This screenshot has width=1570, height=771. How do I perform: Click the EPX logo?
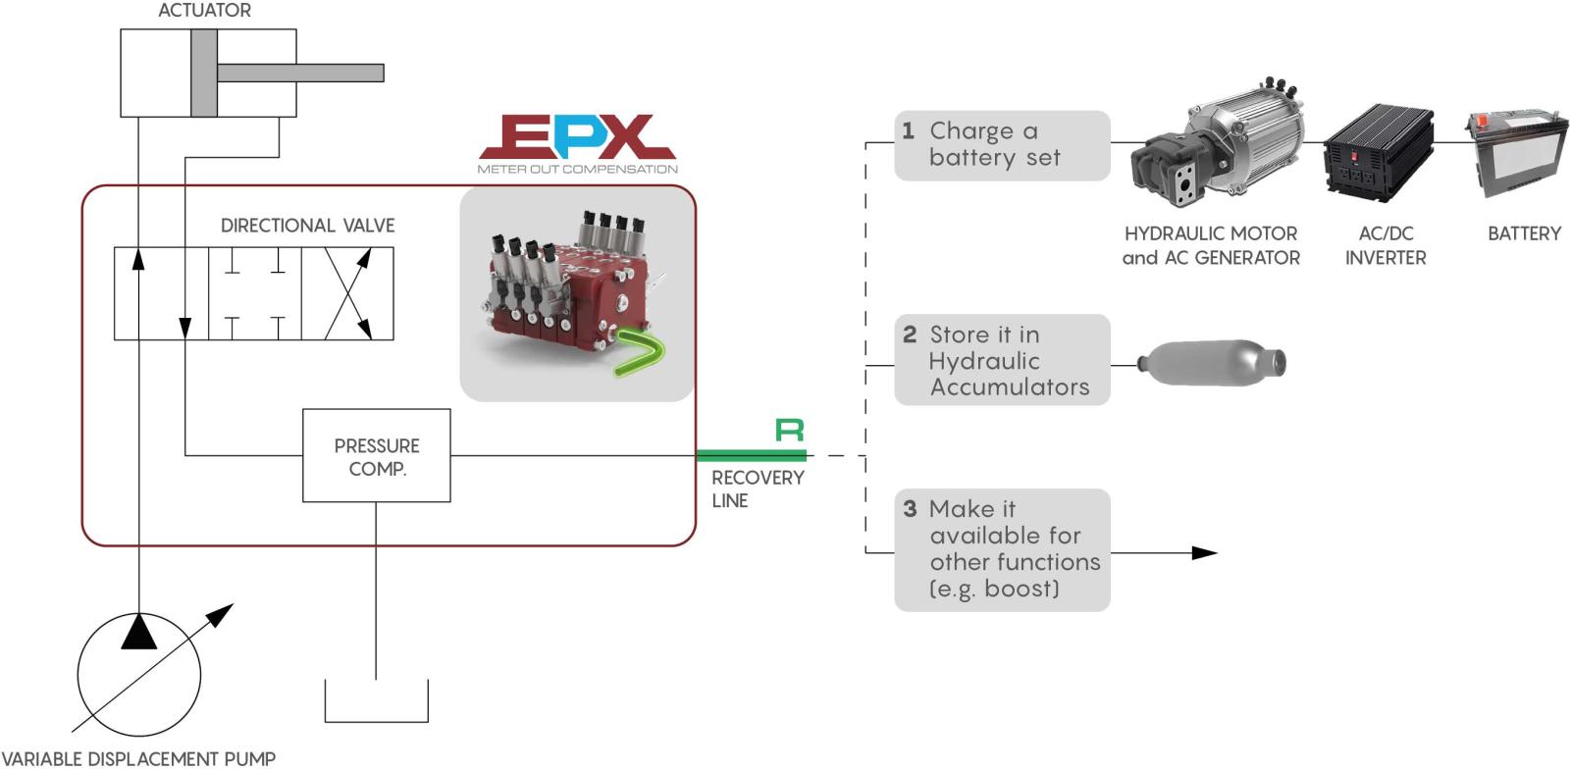(x=577, y=138)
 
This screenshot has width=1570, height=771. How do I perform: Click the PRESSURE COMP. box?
(x=377, y=456)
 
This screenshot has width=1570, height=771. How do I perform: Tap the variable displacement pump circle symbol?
(x=139, y=674)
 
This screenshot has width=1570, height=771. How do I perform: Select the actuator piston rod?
(x=299, y=73)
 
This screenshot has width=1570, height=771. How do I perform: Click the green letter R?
(x=790, y=430)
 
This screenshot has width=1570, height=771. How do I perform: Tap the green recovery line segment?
(x=752, y=455)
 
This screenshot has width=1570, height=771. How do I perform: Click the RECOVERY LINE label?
(x=757, y=488)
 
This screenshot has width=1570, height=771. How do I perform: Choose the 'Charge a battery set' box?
(x=1002, y=145)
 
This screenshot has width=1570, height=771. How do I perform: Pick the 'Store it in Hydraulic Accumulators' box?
(x=1002, y=360)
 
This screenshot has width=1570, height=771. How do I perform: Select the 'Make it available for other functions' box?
(x=1002, y=549)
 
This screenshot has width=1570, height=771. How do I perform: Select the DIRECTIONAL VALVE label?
(x=307, y=226)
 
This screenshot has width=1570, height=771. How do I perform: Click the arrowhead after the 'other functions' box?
(x=1204, y=553)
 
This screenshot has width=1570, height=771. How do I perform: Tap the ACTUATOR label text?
(x=205, y=11)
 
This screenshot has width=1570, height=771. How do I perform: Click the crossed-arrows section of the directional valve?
(x=347, y=293)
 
